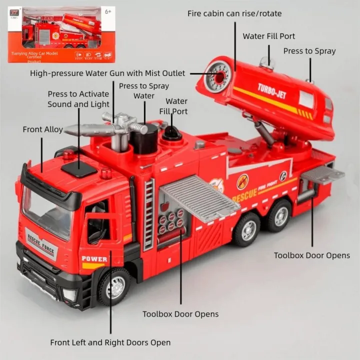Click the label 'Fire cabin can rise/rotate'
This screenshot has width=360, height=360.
click(234, 13)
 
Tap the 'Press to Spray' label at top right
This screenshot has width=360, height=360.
click(309, 51)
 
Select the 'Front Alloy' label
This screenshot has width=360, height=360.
click(42, 129)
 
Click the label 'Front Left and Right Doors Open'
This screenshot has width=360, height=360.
click(110, 342)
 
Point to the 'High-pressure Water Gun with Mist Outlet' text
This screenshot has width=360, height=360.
click(107, 73)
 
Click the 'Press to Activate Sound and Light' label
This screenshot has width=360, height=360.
click(78, 99)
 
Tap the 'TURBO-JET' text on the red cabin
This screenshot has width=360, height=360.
click(271, 91)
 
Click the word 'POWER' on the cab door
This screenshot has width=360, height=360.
click(94, 259)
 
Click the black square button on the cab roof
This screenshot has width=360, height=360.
click(79, 169)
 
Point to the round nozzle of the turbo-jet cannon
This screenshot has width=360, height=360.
click(217, 76)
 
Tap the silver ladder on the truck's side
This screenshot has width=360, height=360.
click(148, 215)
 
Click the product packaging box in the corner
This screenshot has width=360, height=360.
click(61, 34)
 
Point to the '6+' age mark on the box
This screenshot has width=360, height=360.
click(107, 11)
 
